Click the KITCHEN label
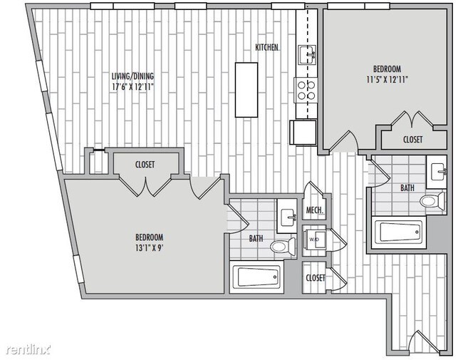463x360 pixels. pos(267,48)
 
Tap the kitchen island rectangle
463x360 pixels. pos(248,90)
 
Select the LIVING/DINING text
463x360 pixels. pos(132,76)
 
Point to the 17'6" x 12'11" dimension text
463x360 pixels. pos(132,87)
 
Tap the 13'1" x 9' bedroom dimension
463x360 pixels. pos(150,248)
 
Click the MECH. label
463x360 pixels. pos(315,210)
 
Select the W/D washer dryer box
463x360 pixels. pos(314,240)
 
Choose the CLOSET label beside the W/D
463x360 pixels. pos(315,277)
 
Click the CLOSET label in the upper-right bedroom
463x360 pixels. pos(412,140)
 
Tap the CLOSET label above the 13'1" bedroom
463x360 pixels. pos(145,165)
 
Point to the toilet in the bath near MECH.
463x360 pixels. pos(283,247)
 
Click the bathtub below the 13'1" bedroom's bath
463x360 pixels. pos(257,277)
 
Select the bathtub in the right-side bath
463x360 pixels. pos(397,232)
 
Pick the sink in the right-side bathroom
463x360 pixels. pos(437,172)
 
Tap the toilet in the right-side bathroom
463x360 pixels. pos(432,202)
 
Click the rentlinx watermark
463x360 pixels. pos(29,349)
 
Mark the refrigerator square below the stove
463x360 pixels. pos(302,133)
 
